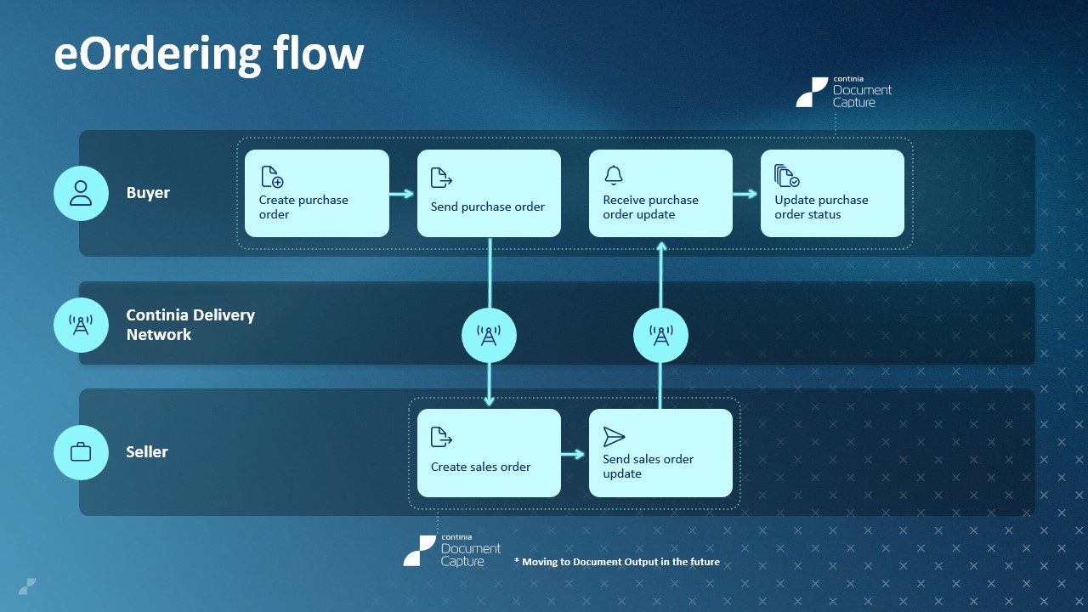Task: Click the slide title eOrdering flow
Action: pos(209,54)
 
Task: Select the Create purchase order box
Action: pos(317,194)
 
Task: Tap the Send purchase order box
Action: pos(489,194)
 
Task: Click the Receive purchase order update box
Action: pos(660,194)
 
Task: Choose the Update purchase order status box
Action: pos(832,194)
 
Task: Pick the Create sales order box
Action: pos(489,453)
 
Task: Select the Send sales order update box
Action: pos(660,453)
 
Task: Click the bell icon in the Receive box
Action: pos(614,175)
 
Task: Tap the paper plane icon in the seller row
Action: pos(614,437)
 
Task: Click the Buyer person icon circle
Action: pos(81,193)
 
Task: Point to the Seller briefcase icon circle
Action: pos(81,452)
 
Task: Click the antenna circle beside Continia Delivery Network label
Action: pos(81,325)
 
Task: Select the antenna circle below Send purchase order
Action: pos(489,336)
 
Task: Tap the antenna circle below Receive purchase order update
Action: pos(660,336)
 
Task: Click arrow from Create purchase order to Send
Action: pos(402,194)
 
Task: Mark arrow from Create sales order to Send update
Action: pos(574,454)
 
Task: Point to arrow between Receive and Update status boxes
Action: pos(745,194)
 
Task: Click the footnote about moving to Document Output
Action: pos(616,562)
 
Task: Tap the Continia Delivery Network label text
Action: pos(190,325)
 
